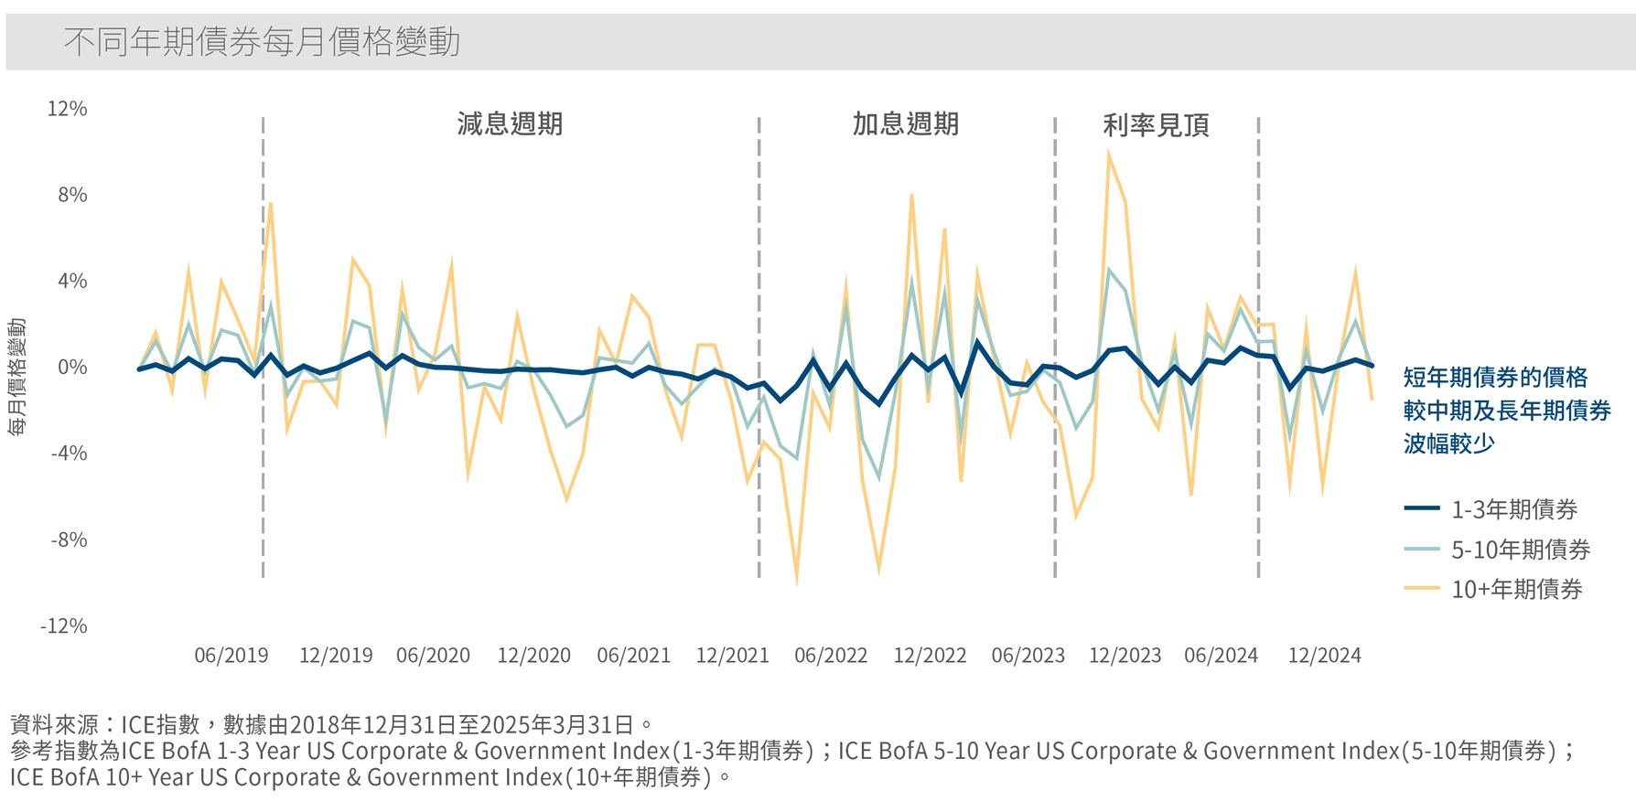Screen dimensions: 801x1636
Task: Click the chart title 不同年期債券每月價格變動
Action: (262, 42)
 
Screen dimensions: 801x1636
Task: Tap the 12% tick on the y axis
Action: (67, 109)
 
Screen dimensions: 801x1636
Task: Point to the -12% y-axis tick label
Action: (63, 626)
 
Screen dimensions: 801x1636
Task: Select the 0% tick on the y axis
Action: (72, 368)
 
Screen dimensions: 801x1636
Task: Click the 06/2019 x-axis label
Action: (231, 656)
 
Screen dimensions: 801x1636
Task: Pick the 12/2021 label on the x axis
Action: (732, 656)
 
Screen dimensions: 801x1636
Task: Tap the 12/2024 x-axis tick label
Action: (1324, 656)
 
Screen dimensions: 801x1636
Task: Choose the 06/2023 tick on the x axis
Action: (1028, 656)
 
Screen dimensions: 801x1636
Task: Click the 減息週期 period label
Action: (510, 124)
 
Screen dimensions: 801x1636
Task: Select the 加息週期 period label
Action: (905, 124)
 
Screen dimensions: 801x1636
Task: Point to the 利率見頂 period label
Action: (1156, 125)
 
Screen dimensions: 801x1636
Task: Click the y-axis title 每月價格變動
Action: (17, 377)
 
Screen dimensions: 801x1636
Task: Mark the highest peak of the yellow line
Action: (1108, 154)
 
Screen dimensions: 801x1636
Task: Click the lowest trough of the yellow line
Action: (797, 582)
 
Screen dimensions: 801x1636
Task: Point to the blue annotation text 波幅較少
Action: (1448, 443)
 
